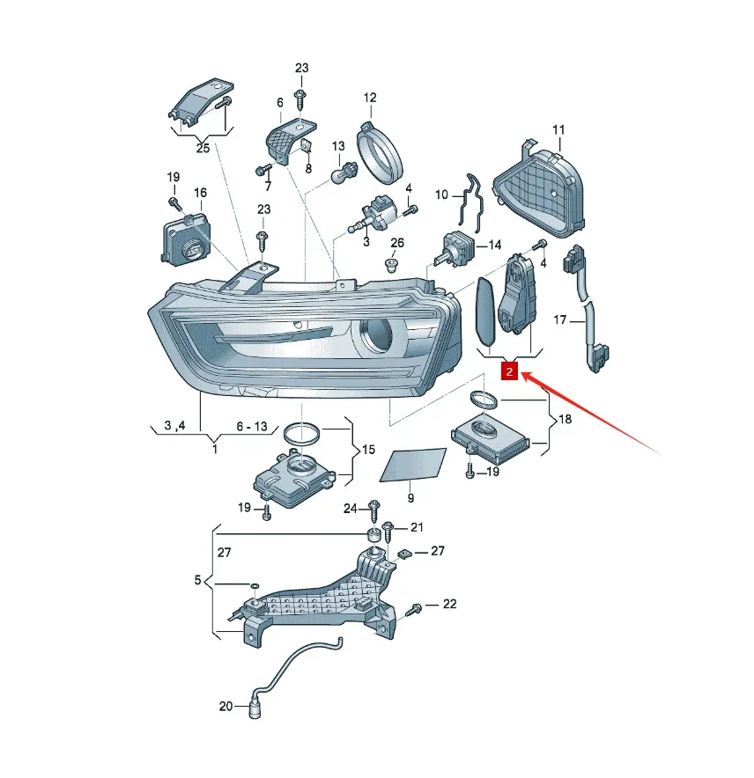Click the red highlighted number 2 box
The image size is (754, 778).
coord(510,371)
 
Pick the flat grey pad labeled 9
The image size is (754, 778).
coord(413,465)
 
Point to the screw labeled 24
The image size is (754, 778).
coord(374,510)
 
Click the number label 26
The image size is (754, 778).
coord(397,243)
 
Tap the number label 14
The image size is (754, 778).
coord(495,245)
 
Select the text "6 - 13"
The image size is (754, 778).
coord(252,426)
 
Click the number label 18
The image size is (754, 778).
coord(565,419)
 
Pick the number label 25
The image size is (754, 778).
coord(203,148)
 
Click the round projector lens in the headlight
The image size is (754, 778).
coord(376,334)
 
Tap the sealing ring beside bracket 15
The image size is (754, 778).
coord(301,435)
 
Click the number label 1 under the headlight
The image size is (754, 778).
coord(215,449)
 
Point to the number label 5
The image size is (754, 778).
coord(197,579)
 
